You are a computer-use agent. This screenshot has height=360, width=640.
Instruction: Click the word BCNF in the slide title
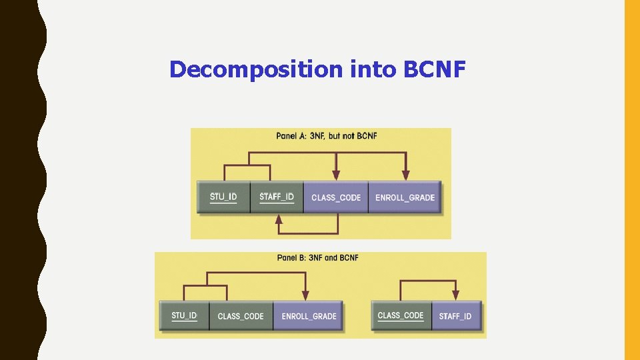[x=434, y=69]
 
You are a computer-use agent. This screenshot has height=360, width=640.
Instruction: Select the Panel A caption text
[x=327, y=136]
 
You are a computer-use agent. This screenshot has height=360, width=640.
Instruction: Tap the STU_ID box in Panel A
[x=223, y=197]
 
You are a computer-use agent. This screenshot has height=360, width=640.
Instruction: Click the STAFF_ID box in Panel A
[x=277, y=197]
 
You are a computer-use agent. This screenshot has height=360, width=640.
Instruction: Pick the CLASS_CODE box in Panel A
[x=336, y=197]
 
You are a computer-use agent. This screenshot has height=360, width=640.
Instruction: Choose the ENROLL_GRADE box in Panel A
[x=405, y=197]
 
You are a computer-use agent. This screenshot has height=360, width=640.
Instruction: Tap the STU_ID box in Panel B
[x=184, y=316]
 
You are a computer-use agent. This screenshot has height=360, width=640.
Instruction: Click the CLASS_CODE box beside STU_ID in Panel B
[x=241, y=316]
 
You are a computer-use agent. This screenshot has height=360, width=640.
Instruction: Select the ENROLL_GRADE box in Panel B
[x=309, y=316]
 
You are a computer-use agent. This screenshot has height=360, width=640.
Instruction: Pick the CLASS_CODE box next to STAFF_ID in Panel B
[x=401, y=316]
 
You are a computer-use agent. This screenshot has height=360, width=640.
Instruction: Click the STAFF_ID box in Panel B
[x=455, y=316]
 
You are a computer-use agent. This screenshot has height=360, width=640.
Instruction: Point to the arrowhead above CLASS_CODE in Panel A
[x=337, y=175]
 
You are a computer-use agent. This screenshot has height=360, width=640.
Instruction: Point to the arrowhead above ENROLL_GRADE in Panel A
[x=404, y=175]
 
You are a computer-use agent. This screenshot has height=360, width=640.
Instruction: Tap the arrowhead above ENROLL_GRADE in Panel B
[x=305, y=295]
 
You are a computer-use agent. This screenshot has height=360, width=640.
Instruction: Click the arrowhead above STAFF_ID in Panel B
[x=455, y=295]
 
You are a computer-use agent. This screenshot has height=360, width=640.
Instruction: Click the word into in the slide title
[x=371, y=69]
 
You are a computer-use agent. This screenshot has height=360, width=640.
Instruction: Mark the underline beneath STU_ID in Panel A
[x=223, y=203]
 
